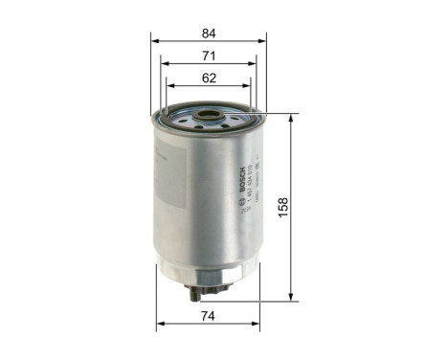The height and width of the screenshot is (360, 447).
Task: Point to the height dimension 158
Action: pyautogui.click(x=308, y=206)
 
